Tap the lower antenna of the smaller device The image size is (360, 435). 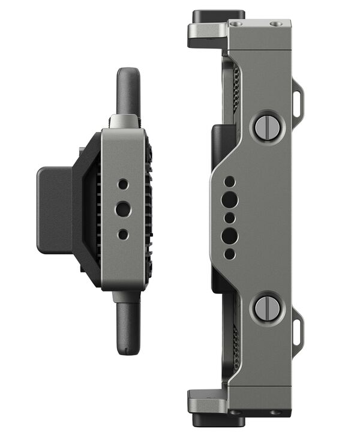pos(127,327)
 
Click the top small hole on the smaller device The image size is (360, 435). pos(122,184)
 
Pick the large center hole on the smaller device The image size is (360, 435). pos(122,209)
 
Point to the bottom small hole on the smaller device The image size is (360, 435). pos(122,235)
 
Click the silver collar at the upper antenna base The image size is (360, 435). pos(125,122)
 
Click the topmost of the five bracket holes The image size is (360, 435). pos(229,181)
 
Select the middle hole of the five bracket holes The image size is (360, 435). pos(229,217)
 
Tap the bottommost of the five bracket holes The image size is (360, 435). pos(229,254)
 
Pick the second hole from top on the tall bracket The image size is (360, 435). pos(229,199)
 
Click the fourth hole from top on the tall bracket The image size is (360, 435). pos(229,235)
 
